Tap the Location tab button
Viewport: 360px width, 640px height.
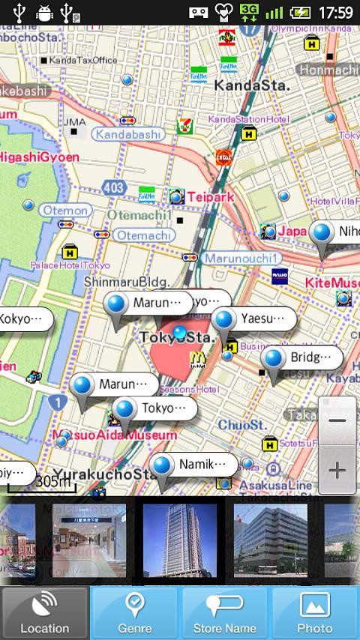[x=45, y=612]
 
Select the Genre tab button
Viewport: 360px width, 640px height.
[x=134, y=612]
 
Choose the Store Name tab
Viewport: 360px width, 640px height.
[x=225, y=612]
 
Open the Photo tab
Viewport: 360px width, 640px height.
[x=315, y=612]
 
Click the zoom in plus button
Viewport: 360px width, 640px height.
[x=337, y=470]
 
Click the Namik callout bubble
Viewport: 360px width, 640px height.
[x=200, y=465]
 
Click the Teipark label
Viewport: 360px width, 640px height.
[x=211, y=196]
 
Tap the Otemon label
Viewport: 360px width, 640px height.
[x=65, y=211]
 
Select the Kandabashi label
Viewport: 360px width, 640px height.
[x=128, y=134]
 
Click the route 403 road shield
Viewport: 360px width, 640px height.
[x=115, y=187]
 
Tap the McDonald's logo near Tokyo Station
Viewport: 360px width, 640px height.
[x=197, y=359]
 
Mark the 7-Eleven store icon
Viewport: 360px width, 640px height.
[x=184, y=126]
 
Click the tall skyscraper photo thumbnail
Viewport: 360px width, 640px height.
[x=179, y=540]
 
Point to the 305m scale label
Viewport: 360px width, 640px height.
[x=52, y=481]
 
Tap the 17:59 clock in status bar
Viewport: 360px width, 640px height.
[x=335, y=12]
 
